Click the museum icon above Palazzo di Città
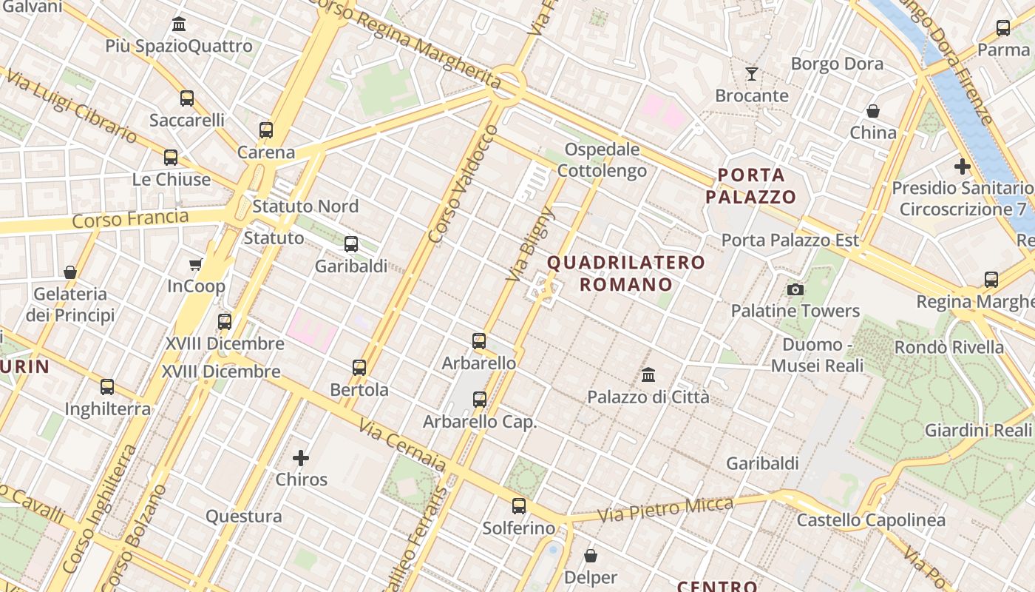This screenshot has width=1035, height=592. (x=648, y=375)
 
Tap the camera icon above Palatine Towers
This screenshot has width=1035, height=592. (x=795, y=289)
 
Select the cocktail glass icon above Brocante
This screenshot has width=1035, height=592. (x=752, y=74)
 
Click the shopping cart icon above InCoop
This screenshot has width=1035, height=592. (x=196, y=264)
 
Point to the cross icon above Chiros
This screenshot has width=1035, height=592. (x=301, y=458)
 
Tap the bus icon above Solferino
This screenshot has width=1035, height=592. (x=519, y=506)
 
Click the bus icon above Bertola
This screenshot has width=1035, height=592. (x=359, y=367)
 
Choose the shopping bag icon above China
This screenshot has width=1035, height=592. (x=873, y=111)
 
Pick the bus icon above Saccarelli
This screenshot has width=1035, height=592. (x=187, y=98)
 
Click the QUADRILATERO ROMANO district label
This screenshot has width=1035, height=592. (x=626, y=273)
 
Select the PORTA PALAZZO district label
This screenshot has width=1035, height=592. (x=750, y=186)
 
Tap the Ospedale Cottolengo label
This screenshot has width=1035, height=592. (x=602, y=160)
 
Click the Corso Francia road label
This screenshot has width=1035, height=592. (x=131, y=219)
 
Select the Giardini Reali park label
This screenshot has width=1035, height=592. (x=978, y=430)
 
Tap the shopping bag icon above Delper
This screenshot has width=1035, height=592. (x=591, y=555)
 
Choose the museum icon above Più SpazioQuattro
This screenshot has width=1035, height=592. (x=179, y=24)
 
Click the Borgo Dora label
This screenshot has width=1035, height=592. (x=837, y=64)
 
